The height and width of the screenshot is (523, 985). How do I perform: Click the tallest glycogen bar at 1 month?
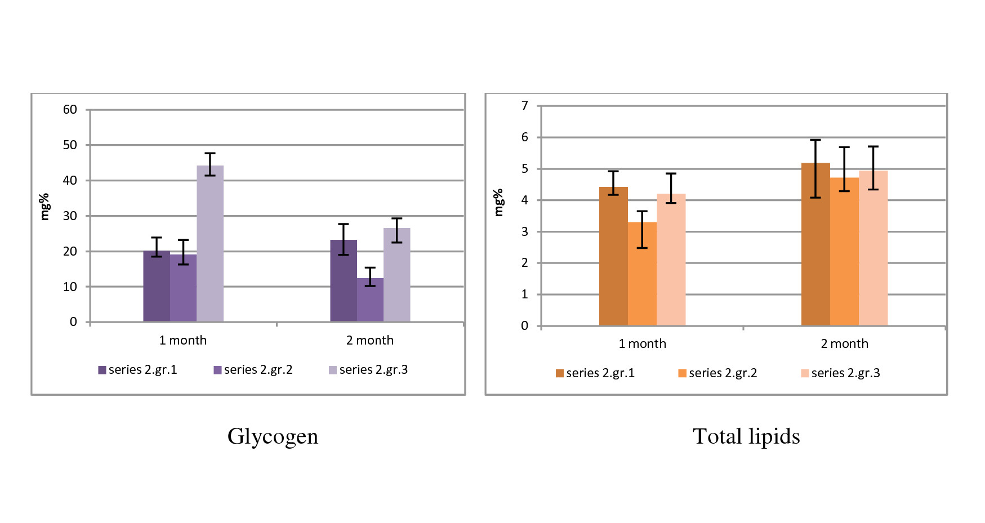(210, 243)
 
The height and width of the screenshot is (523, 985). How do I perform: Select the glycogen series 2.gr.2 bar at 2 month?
(370, 300)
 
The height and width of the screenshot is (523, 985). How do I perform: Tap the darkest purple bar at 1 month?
(157, 286)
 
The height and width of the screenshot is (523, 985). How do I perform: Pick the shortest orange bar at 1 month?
(642, 274)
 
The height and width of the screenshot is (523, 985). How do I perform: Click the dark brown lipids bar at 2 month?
(815, 244)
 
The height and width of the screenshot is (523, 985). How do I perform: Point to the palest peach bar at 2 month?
(873, 248)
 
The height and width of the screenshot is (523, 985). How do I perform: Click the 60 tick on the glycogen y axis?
(70, 110)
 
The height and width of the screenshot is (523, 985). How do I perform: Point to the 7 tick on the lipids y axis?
(525, 106)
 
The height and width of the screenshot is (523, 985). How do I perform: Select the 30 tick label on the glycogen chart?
(70, 216)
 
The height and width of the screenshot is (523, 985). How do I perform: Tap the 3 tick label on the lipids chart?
(525, 231)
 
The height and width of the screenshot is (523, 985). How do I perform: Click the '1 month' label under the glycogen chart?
(183, 341)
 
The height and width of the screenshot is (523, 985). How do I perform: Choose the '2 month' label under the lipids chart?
(844, 344)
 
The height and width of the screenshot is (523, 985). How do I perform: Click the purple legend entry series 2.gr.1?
(138, 370)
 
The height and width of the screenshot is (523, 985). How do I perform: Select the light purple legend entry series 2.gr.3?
(368, 370)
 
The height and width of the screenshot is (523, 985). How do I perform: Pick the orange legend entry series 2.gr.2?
(718, 373)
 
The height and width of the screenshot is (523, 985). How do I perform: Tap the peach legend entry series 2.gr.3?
(840, 373)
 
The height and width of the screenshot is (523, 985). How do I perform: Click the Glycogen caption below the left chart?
(273, 437)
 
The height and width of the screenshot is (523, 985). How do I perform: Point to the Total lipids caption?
(746, 437)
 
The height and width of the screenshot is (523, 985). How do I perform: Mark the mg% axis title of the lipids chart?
(498, 203)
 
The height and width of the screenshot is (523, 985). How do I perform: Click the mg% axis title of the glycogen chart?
(44, 207)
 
